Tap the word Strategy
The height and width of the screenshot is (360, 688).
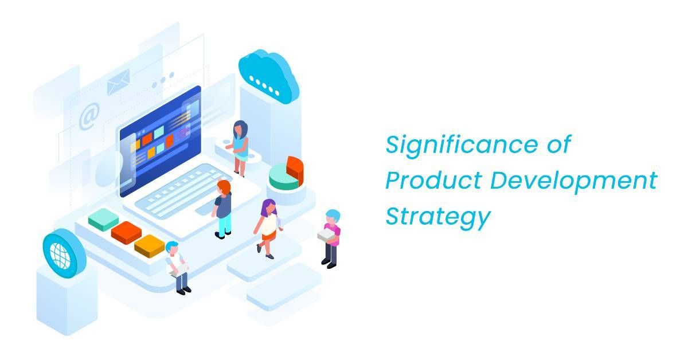click(x=437, y=218)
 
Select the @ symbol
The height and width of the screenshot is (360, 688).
click(x=89, y=116)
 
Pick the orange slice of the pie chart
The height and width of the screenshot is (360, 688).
click(x=296, y=169)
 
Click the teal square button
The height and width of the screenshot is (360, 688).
click(x=103, y=220)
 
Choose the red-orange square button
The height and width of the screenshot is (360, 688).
click(x=126, y=232)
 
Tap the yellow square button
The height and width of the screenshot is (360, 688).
click(x=150, y=245)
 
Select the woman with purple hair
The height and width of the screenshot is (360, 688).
click(x=268, y=226)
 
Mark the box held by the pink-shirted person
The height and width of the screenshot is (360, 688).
click(x=325, y=235)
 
